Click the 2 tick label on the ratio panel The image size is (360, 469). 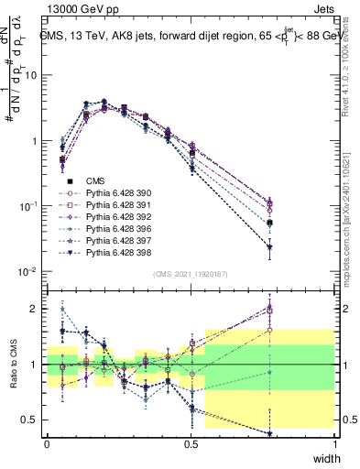35,309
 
